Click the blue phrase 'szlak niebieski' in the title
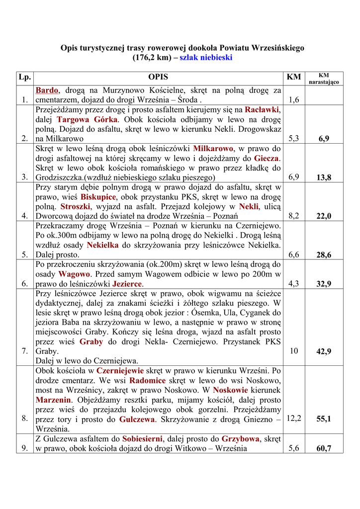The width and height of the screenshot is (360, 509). (x=206, y=58)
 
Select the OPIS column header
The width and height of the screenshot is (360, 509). (x=158, y=77)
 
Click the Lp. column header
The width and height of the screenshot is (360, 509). (x=24, y=77)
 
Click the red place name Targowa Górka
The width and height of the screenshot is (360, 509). (x=87, y=119)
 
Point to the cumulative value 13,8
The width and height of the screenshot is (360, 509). (x=324, y=177)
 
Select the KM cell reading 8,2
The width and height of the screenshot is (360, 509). (x=293, y=216)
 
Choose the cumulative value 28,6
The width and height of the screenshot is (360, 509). (x=324, y=255)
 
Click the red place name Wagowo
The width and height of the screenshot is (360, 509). (x=74, y=274)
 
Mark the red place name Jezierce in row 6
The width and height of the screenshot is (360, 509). (x=127, y=284)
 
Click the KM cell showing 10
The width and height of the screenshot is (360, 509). (x=293, y=351)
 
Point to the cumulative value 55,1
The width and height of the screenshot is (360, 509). (x=324, y=419)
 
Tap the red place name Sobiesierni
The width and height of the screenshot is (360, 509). (x=143, y=439)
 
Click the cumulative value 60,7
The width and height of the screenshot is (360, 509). (x=324, y=448)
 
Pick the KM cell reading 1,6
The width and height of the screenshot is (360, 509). (x=293, y=100)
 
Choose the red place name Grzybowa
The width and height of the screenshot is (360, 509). (x=241, y=439)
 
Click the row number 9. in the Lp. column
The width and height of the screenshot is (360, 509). (x=24, y=448)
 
